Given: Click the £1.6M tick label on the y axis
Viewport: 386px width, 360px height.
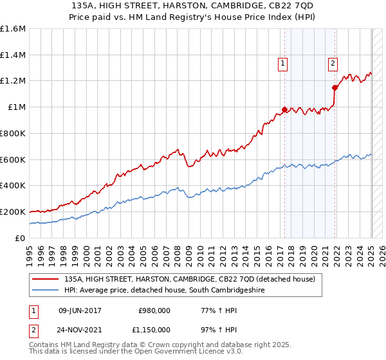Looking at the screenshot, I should click(13, 29).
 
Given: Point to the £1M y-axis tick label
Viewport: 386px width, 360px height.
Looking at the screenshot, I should click(17, 107).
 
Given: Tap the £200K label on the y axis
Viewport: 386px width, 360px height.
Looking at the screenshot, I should click(13, 212).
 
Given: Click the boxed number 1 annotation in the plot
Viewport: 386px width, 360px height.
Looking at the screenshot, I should click(284, 63).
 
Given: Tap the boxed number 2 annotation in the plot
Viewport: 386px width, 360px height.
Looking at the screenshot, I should click(333, 63).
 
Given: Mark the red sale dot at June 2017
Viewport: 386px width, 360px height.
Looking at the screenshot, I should click(284, 110).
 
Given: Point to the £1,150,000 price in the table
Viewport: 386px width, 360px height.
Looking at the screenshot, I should click(152, 329).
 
